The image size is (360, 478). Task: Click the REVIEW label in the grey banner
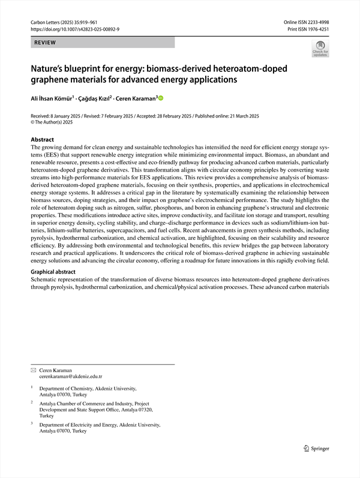pos(45,43)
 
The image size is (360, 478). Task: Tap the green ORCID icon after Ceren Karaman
pos(161,98)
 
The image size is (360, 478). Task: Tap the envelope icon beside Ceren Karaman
pos(33,371)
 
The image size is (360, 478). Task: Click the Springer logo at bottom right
pos(317,448)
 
